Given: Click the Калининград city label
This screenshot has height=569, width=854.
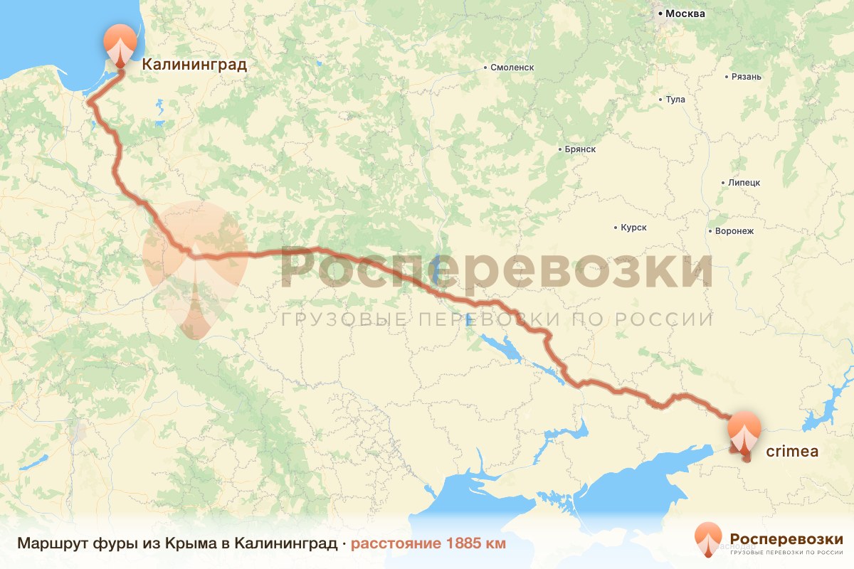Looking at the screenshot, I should (x=194, y=65).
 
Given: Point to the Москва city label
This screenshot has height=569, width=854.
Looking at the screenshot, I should (x=685, y=14).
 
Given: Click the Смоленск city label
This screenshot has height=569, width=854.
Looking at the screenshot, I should (x=512, y=68).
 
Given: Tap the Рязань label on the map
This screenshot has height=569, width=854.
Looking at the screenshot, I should (x=747, y=77).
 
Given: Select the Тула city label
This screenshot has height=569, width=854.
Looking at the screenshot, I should (x=675, y=100).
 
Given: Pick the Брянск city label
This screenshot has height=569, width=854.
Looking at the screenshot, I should (x=579, y=150).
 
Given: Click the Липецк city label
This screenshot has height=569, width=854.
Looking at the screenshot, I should (x=744, y=183).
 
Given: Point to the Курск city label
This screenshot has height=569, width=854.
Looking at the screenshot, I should (x=633, y=228).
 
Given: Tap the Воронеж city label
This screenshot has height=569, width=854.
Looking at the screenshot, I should (x=733, y=231).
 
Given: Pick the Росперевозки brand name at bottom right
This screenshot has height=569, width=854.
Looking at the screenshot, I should (x=786, y=538).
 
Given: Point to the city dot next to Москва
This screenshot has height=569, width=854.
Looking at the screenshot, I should (x=660, y=14).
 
